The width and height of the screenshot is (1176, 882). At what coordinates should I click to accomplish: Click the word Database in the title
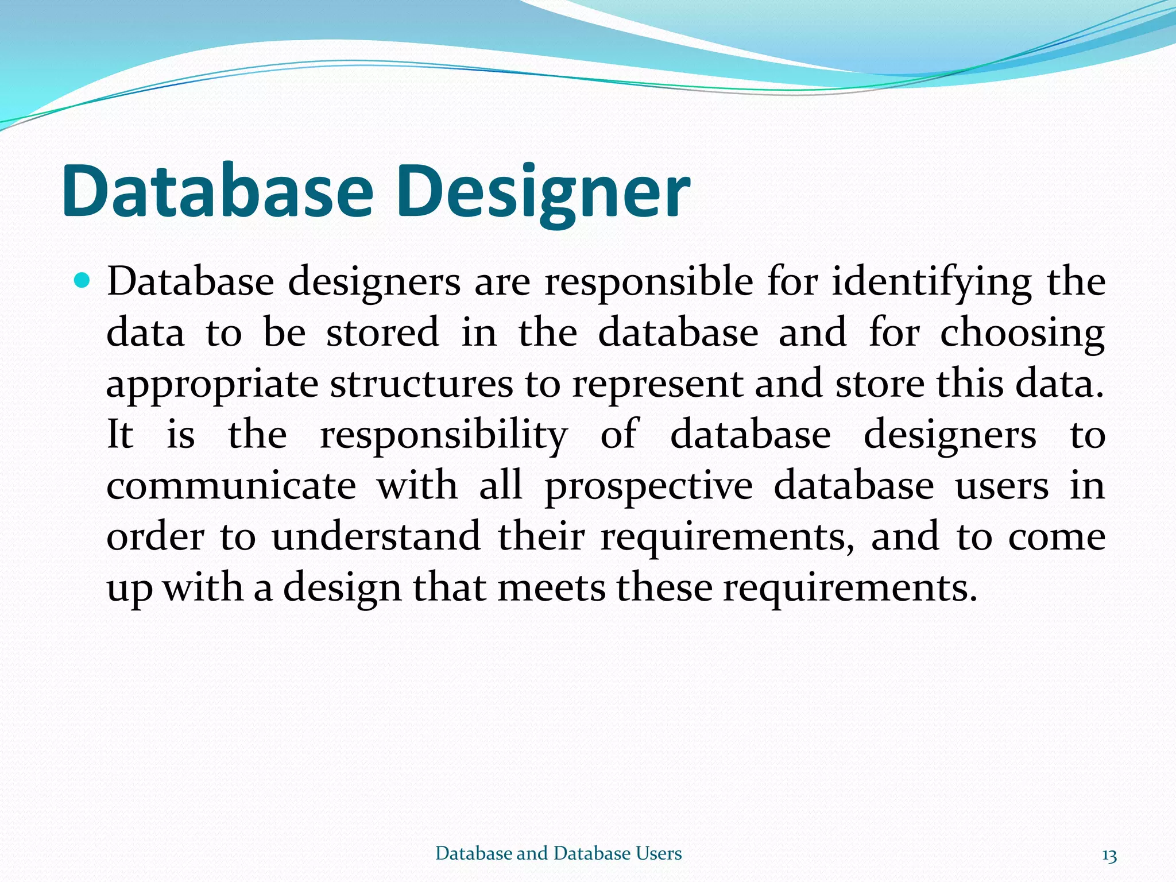[218, 191]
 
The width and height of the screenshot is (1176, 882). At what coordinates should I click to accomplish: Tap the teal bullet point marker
[83, 281]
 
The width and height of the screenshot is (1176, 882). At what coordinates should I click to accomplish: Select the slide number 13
[1109, 856]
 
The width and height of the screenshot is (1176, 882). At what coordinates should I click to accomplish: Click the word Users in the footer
[658, 853]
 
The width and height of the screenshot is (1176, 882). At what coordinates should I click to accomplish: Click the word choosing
[1022, 334]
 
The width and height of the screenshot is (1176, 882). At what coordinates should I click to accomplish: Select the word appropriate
[212, 385]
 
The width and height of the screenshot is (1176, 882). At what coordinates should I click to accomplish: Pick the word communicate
[231, 486]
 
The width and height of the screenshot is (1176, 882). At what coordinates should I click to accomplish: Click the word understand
[376, 536]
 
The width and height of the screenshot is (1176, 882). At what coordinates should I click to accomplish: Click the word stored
[382, 332]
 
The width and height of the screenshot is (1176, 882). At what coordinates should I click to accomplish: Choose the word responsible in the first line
[649, 283]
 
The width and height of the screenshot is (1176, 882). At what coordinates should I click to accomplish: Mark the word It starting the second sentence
[120, 435]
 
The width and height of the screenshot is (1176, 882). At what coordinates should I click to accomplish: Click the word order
[155, 536]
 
